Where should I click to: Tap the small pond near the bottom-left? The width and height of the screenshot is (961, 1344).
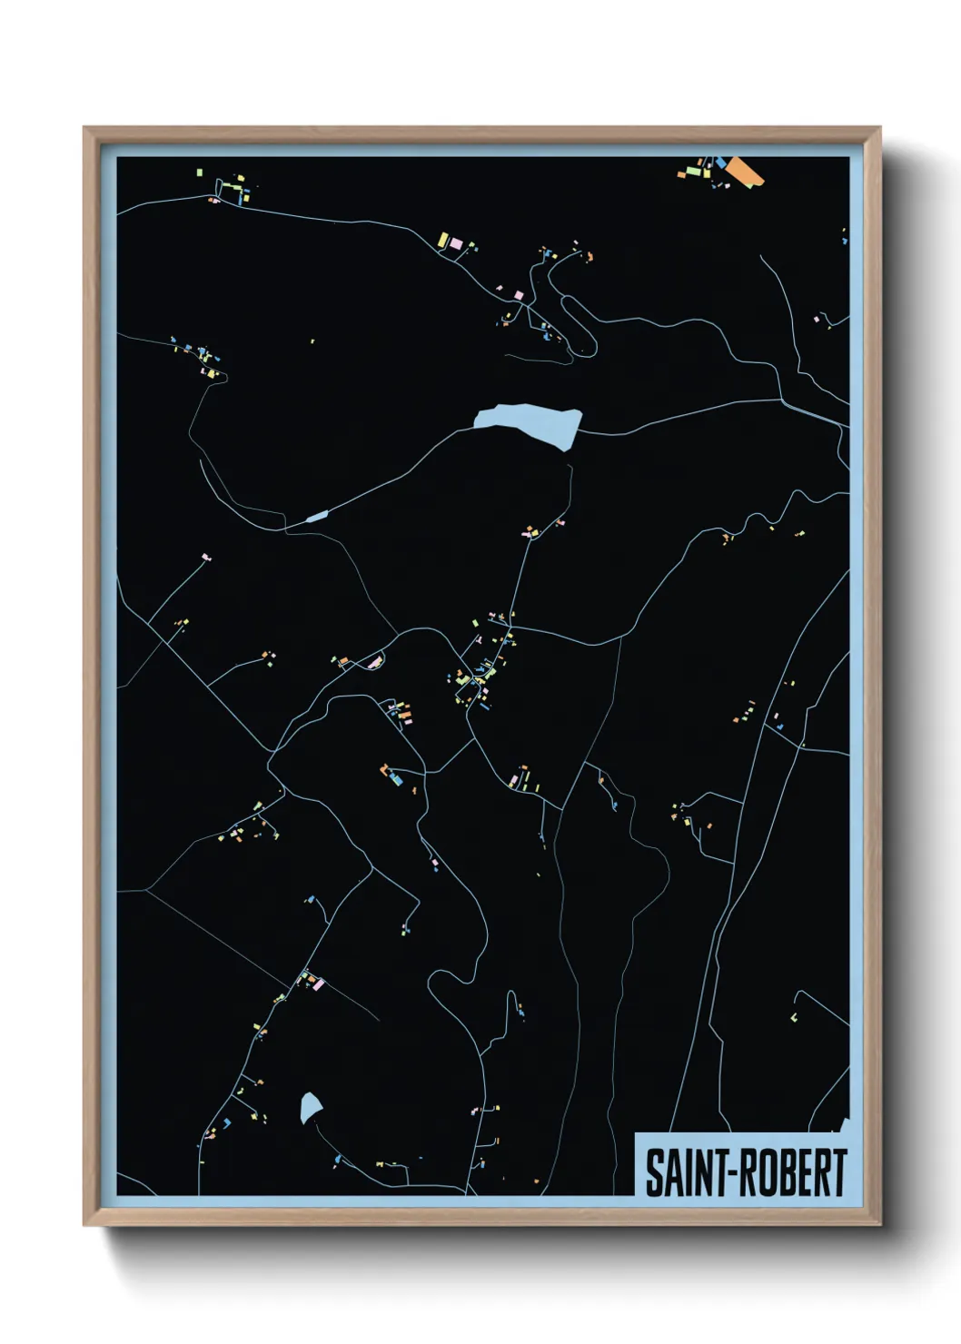310,1106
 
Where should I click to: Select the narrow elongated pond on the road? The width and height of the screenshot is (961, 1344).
316,517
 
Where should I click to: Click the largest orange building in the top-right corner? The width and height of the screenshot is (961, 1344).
745,170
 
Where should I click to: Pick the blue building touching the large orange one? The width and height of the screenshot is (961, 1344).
721,163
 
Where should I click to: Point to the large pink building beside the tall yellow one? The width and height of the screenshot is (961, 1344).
456,243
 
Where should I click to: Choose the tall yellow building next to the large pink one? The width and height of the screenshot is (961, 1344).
443,240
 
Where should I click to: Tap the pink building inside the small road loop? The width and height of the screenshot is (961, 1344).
373,662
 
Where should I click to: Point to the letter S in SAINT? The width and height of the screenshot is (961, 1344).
654,1172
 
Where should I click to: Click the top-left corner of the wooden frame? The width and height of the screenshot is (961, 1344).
84,128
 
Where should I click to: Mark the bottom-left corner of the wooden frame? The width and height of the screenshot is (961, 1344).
84,1224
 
